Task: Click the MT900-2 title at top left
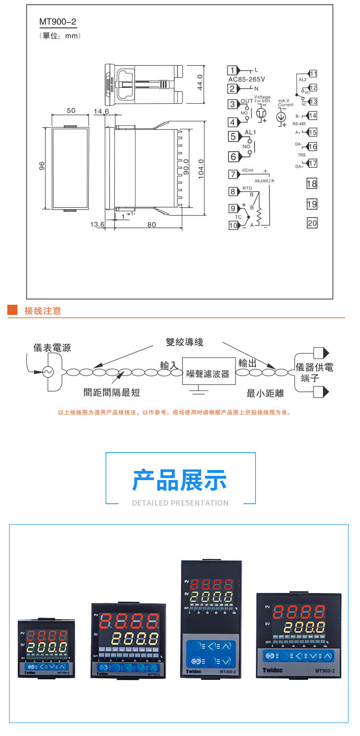58,23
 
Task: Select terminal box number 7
233,174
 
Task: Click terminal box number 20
312,223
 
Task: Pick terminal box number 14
312,116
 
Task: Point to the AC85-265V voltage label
247,79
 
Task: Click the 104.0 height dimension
201,169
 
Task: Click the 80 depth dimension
152,224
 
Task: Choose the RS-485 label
299,123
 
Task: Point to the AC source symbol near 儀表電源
48,372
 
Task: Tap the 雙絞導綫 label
184,342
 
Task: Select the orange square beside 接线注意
12,310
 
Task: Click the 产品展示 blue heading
180,481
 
